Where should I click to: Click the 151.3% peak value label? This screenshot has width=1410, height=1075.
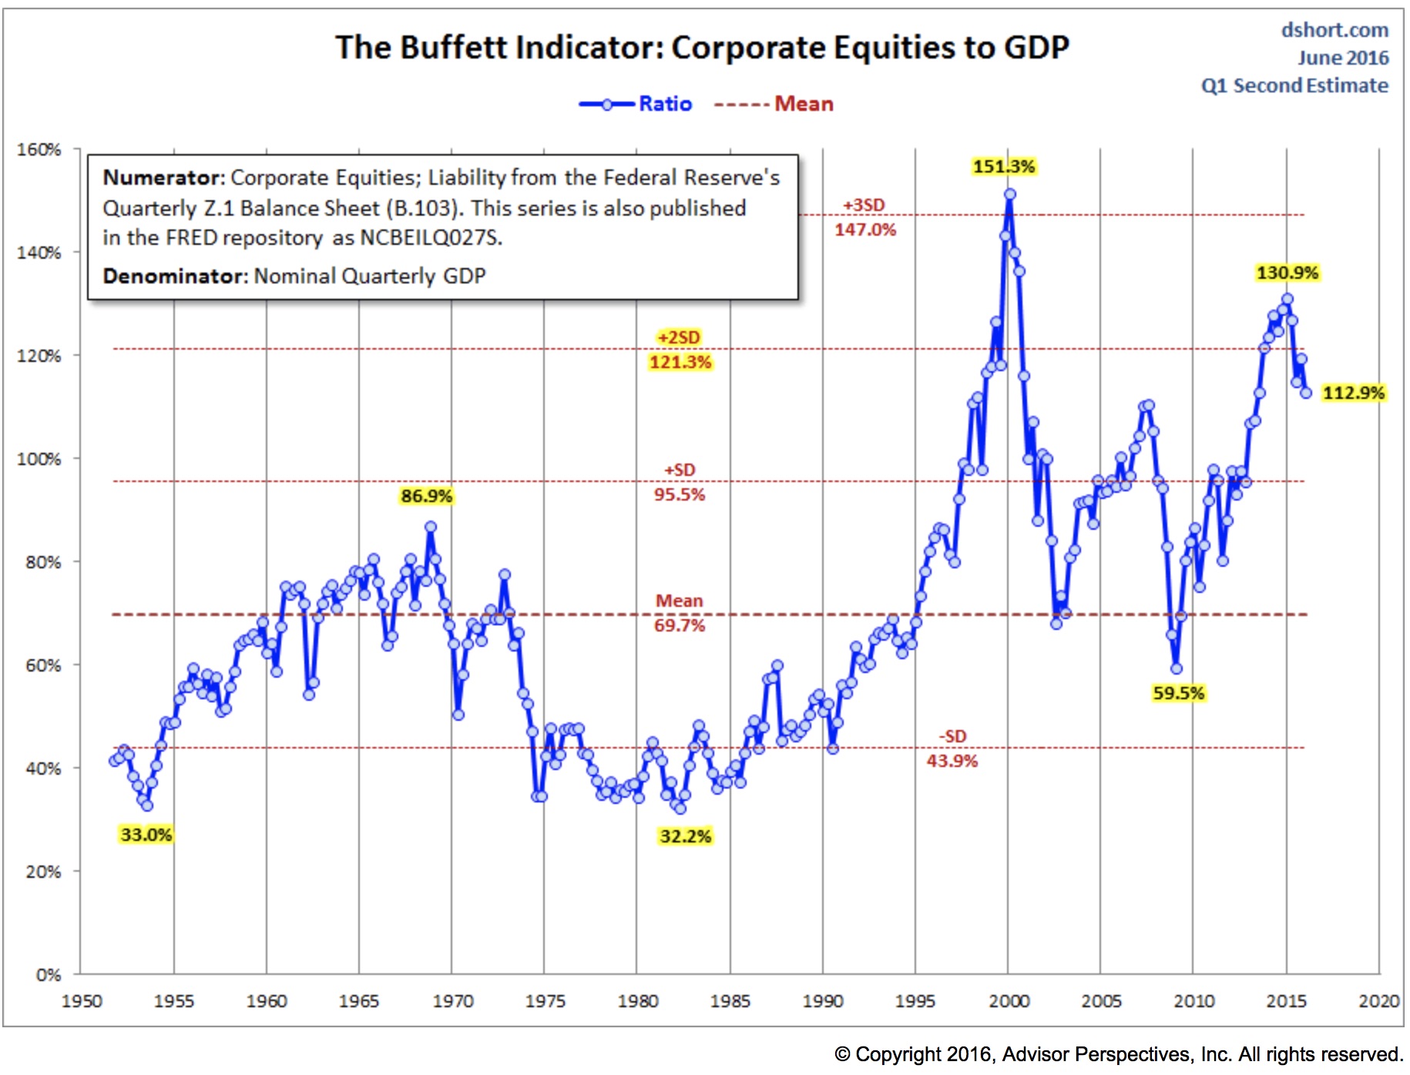click(1003, 166)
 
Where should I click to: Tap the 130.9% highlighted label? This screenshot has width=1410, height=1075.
click(1287, 273)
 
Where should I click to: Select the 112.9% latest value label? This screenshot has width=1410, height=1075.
click(1353, 393)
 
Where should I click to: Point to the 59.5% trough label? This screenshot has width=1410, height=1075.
click(1177, 693)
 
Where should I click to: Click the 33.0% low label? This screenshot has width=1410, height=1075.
click(146, 835)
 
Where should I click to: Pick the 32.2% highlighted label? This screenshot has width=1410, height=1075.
click(685, 836)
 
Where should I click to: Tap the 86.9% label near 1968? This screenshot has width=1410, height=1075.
click(426, 496)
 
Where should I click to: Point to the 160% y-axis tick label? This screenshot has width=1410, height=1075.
click(39, 149)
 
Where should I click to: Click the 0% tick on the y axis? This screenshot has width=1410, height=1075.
click(48, 975)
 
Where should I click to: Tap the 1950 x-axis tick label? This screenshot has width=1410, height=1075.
click(82, 1001)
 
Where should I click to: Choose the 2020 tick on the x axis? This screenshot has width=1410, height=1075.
click(1378, 1001)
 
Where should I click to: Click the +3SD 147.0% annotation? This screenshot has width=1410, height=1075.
click(864, 218)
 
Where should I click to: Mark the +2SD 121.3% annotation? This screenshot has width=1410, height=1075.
click(680, 350)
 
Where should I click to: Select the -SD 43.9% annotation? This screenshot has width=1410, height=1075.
click(952, 749)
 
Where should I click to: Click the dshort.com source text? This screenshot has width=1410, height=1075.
click(1334, 30)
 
